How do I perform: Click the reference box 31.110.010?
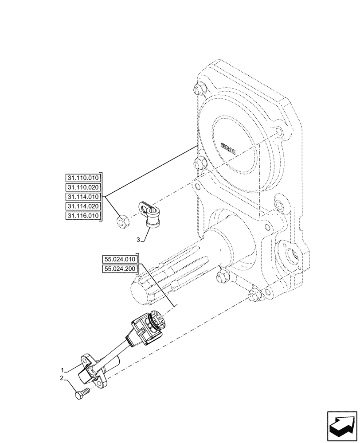[83, 177]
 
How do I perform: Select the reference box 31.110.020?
[83, 187]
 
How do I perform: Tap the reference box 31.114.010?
[83, 197]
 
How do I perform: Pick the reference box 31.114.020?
[83, 206]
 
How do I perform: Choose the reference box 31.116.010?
[83, 216]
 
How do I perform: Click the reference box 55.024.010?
[120, 259]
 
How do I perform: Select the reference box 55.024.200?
[120, 269]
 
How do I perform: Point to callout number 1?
[63, 369]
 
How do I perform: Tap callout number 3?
[139, 240]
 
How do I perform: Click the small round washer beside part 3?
[122, 221]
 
